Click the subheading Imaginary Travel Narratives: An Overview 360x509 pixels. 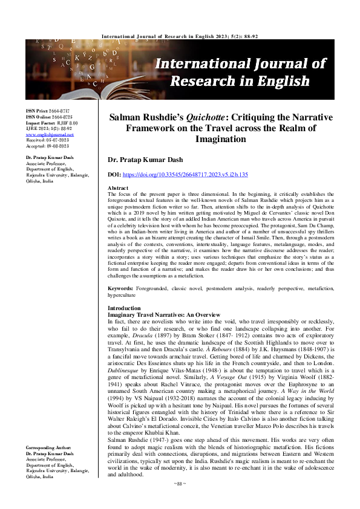159,315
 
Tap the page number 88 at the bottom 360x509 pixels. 180,501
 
